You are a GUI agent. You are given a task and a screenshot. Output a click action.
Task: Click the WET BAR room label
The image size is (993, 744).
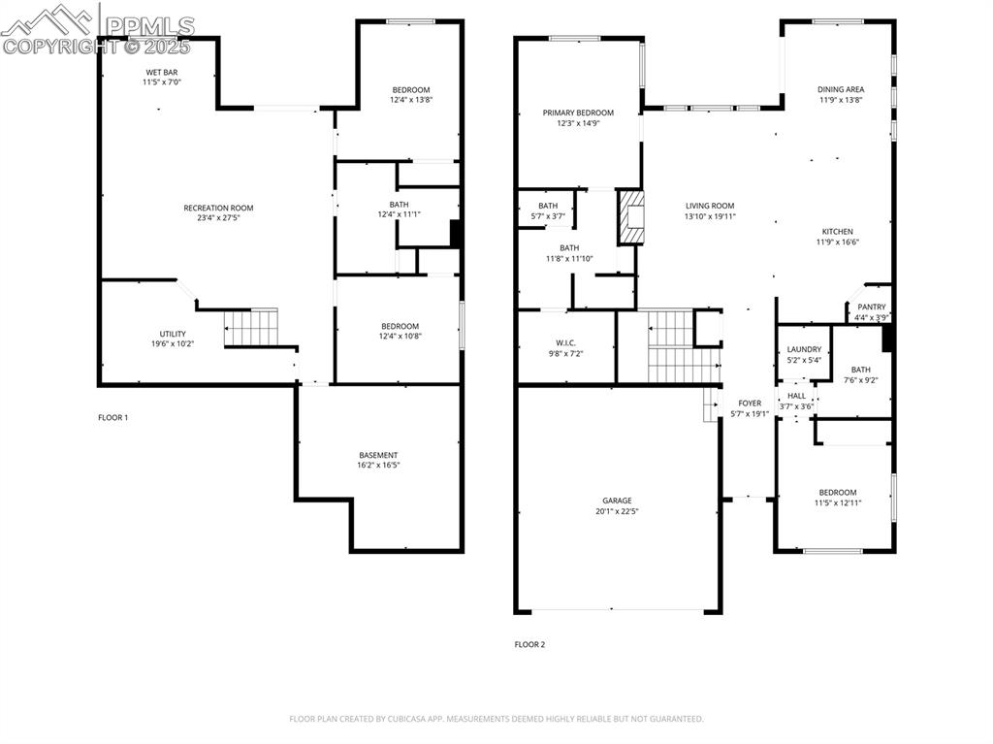pos(162,72)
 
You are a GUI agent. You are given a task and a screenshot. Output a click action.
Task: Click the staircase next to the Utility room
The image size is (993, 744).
pos(251,327)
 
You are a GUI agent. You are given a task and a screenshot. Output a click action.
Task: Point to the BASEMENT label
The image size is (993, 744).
pos(378,455)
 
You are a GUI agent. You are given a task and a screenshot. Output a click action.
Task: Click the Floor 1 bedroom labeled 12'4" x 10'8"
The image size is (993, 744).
pos(400,326)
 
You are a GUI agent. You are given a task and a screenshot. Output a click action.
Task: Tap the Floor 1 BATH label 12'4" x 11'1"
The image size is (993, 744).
pos(399,205)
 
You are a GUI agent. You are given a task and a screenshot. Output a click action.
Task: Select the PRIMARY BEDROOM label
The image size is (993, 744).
pos(578,113)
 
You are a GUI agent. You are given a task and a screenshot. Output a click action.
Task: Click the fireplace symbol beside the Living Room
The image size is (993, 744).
pos(631,217)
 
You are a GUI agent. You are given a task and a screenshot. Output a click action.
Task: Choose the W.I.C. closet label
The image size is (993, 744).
pos(566,342)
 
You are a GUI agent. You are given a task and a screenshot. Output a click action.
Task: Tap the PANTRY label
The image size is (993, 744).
pos(871,307)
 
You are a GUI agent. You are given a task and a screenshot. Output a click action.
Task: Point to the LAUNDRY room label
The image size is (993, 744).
pos(804,349)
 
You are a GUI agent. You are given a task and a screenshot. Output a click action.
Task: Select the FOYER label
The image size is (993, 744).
pos(750,403)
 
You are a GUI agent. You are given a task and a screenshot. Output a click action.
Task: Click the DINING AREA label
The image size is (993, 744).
pos(841,89)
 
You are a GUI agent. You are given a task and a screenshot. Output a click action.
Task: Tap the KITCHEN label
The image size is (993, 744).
pos(838,231)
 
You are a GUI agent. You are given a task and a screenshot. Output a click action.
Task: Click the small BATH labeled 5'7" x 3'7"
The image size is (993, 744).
pos(548,206)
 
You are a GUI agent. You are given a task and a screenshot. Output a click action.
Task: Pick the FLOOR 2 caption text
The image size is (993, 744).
pos(529,644)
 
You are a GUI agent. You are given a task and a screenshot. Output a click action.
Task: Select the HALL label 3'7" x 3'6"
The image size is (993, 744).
pos(796,396)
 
